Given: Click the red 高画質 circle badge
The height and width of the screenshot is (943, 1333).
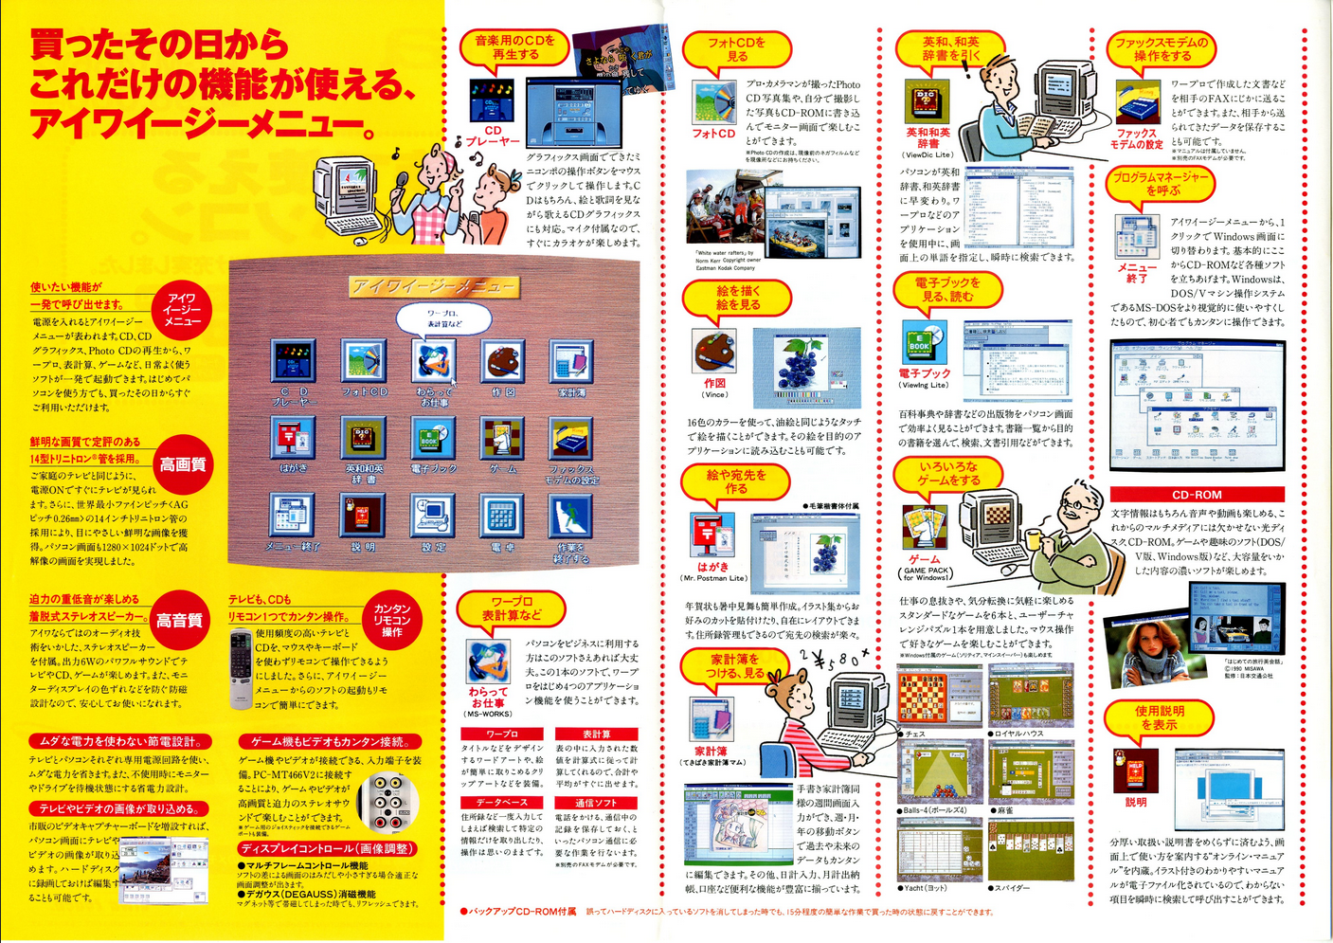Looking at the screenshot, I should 181,464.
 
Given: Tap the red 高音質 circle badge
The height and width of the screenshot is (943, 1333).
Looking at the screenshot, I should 179,621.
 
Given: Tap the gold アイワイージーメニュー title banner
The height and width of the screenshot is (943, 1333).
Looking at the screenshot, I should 433,286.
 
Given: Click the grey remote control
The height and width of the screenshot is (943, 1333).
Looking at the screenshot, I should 241,669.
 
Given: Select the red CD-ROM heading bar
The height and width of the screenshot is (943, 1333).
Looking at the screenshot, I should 1197,495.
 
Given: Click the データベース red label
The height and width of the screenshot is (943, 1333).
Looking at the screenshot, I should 501,802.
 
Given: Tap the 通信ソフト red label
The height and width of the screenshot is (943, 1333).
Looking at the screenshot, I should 596,802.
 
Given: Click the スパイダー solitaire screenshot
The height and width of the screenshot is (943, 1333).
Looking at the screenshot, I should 1031,850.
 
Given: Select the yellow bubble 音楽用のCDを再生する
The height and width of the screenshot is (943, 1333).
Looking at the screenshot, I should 514,48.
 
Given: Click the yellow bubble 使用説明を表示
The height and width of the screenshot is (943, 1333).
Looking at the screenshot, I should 1159,717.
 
